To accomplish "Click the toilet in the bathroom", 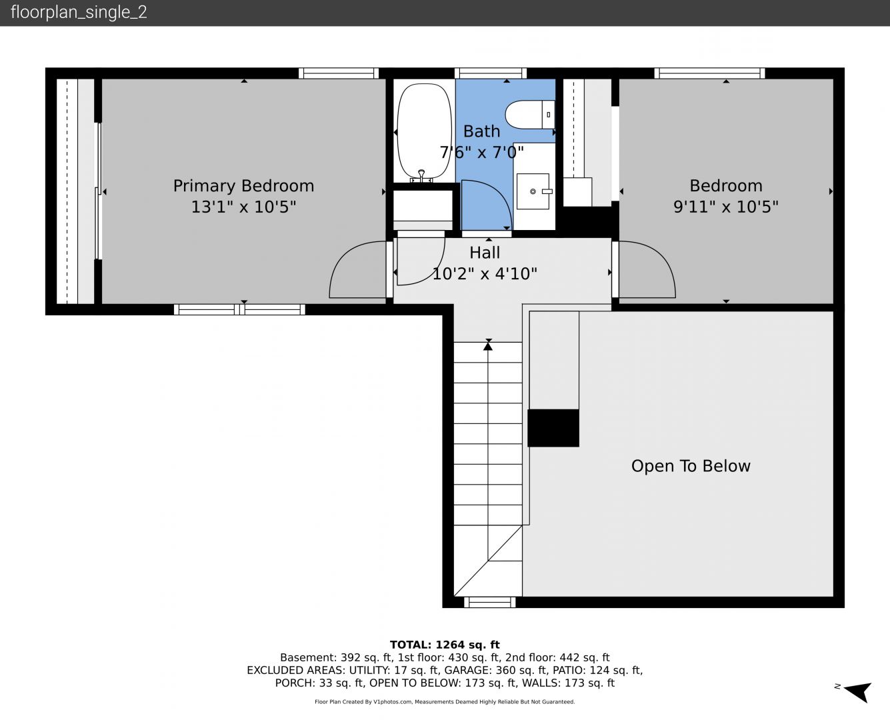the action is pos(530,115).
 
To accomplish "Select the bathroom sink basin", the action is pos(533,191).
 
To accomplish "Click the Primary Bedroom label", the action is pos(243,185).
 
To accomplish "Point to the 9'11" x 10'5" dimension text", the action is pos(726,207).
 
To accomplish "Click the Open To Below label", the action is pos(691,466).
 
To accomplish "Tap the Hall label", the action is pos(485,253).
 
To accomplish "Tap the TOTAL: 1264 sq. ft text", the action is pos(445,645).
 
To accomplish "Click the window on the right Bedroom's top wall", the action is pos(709,73).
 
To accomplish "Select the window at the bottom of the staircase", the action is pos(490,602).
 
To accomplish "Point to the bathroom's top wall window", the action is pos(491,73).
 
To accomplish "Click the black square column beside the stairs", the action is pos(553,428).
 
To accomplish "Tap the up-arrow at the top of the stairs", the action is pos(488,345).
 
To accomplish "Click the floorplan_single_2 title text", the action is pos(79,13).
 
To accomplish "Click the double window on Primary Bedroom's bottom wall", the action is pos(239,309).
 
